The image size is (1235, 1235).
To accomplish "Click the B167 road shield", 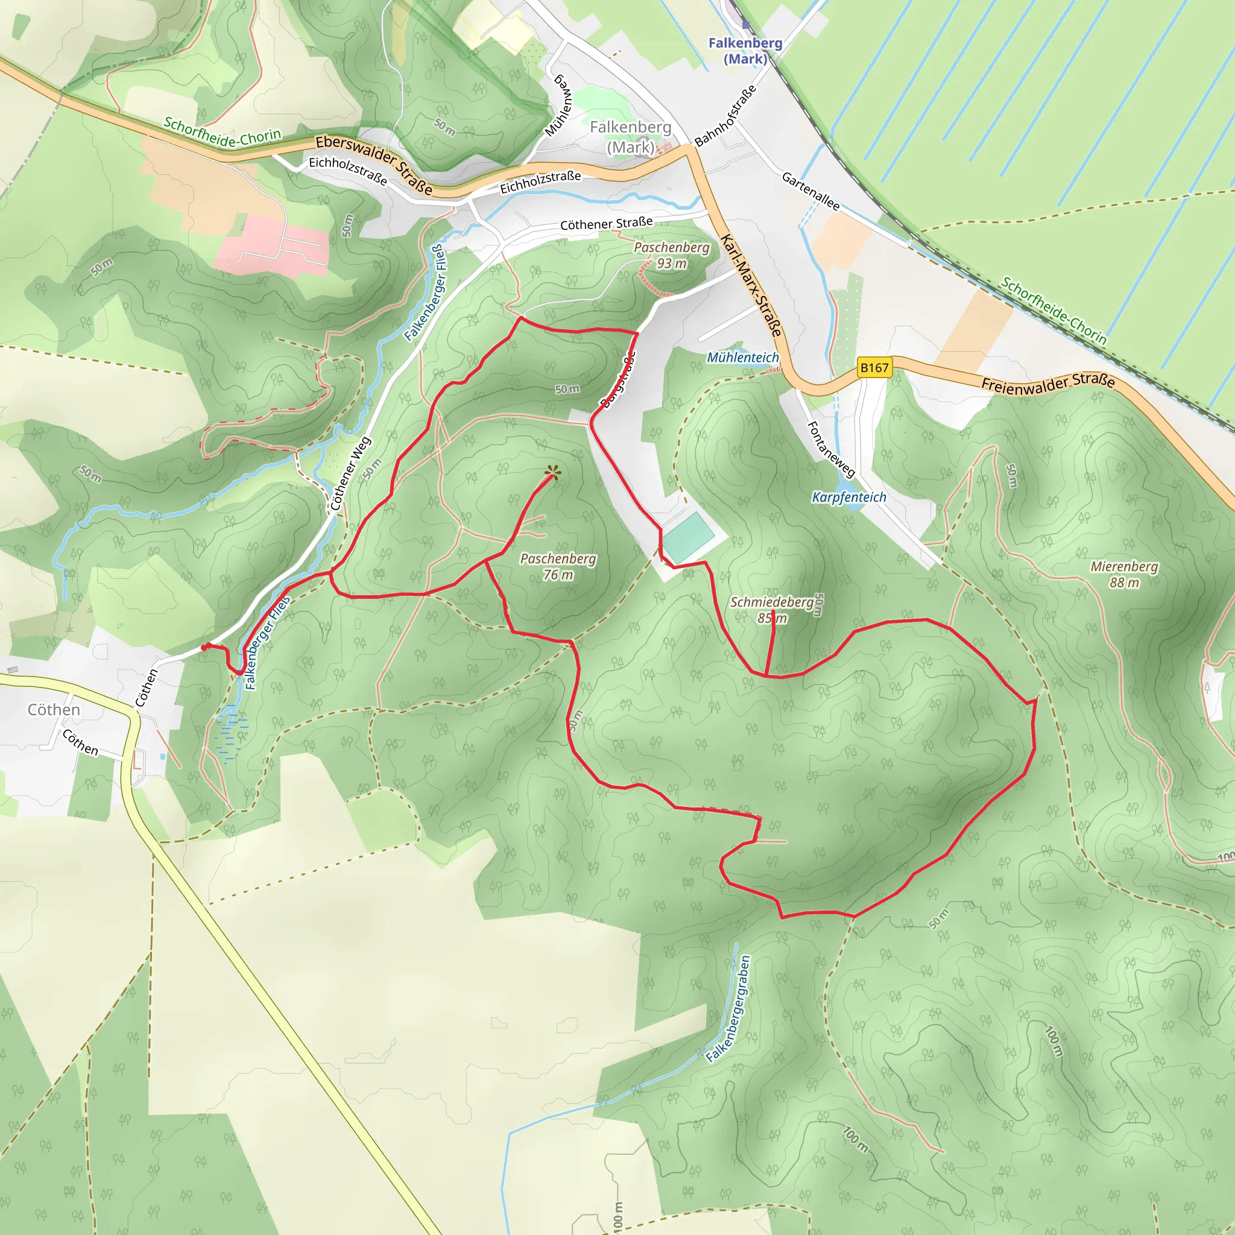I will tap(874, 368).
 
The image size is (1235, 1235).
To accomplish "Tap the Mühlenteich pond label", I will tap(743, 358).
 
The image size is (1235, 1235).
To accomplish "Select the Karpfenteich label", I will tap(849, 497).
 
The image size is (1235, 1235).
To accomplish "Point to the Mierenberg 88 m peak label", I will tap(1124, 574).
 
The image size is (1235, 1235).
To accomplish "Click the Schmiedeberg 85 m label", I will tap(772, 610).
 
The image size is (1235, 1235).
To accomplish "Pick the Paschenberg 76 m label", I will tap(558, 566).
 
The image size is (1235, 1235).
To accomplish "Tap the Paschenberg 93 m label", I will tap(672, 255).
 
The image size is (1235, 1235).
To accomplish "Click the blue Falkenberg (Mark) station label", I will tap(745, 51).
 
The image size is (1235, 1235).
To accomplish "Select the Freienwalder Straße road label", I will tap(1048, 382).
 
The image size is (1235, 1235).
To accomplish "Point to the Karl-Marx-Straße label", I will tap(752, 285).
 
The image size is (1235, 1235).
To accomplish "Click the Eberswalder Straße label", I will tap(374, 163).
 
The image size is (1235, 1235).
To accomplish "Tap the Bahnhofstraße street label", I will tap(725, 115).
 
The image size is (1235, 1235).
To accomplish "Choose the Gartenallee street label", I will tap(810, 191).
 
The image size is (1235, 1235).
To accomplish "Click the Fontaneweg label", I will tap(831, 449).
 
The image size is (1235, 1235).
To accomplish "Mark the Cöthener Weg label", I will tap(350, 473).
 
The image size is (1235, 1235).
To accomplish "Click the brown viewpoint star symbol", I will tap(553, 473).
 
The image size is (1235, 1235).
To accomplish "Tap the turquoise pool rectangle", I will tap(689, 535).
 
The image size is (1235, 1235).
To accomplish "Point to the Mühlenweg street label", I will tap(558, 105).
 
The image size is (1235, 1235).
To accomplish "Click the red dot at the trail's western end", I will tap(204, 648).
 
